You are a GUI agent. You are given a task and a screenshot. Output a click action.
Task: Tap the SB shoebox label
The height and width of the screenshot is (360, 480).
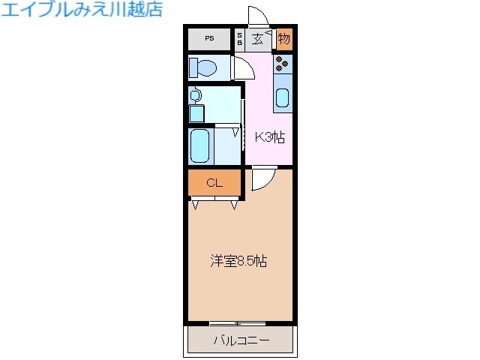[240, 39]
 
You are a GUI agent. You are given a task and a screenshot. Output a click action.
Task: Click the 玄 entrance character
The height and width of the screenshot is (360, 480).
[257, 39]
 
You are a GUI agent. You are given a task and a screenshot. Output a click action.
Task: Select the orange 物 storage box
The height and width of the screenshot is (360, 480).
[284, 38]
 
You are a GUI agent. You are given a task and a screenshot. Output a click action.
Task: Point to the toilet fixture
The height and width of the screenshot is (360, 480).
[203, 68]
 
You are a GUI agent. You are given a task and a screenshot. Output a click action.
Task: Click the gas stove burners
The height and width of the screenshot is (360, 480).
[283, 63]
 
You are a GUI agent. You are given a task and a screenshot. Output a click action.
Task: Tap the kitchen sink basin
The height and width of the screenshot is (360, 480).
[283, 97]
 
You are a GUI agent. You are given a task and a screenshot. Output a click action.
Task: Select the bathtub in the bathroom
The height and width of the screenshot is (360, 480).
[201, 145]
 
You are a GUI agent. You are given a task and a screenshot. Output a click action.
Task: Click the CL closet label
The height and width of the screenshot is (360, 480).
[214, 182]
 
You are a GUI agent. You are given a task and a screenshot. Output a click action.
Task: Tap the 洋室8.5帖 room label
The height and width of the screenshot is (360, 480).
[238, 262]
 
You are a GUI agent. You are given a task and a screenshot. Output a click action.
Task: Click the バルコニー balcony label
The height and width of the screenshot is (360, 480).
[240, 341]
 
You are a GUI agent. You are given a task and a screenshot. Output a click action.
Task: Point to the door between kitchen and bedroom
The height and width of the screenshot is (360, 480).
[262, 178]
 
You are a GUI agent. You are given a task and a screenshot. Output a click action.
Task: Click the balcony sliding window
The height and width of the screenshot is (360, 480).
[238, 323]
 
